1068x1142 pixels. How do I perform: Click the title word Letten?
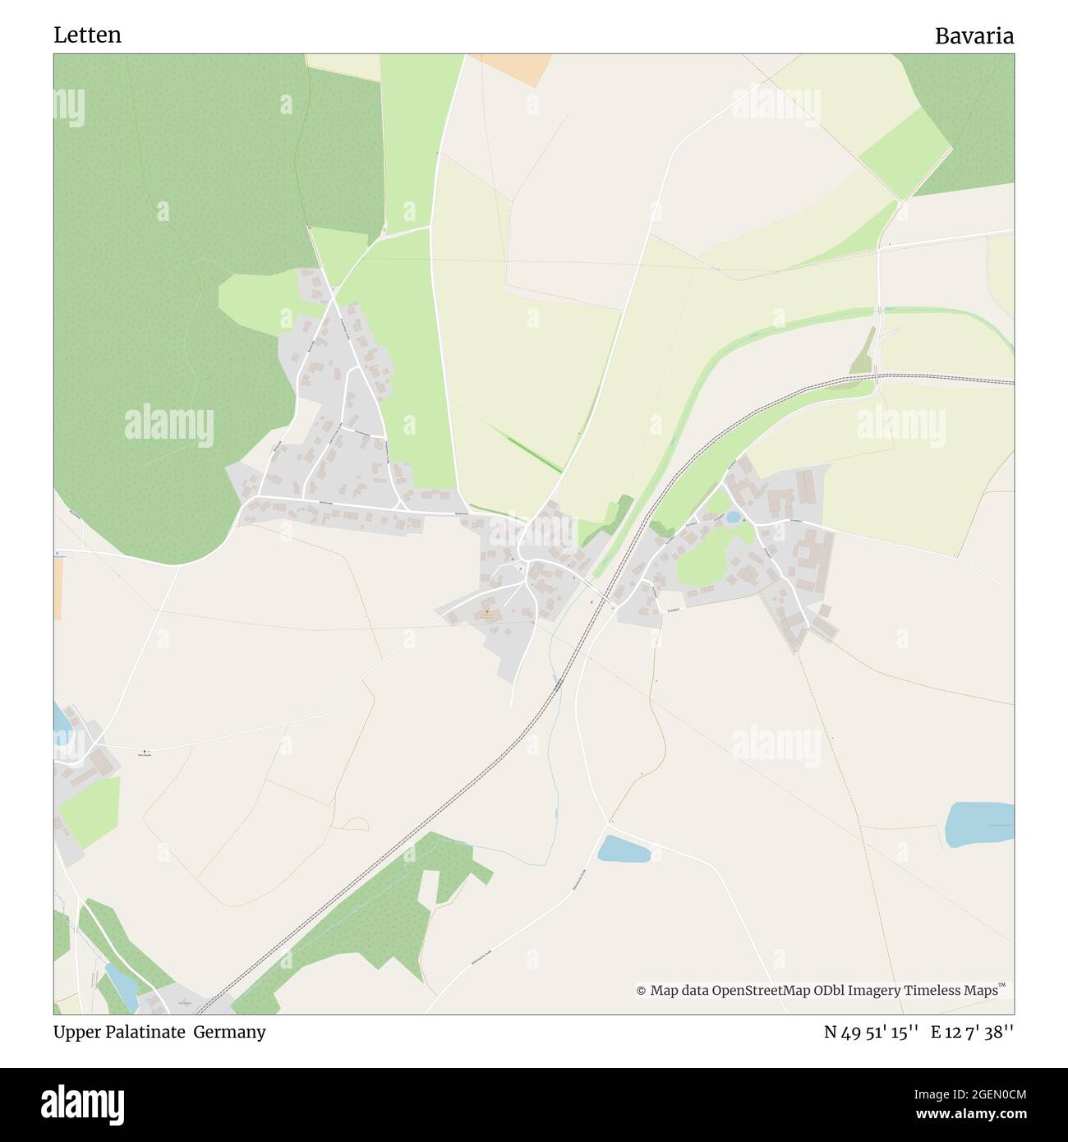[87, 35]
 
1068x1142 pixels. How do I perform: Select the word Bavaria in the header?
[974, 36]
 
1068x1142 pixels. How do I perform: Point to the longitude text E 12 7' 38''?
[972, 1033]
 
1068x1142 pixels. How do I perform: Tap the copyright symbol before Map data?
[641, 991]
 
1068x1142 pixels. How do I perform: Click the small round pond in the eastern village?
[733, 517]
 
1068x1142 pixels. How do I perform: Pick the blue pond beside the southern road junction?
[624, 849]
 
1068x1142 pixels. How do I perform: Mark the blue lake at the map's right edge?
[979, 824]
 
